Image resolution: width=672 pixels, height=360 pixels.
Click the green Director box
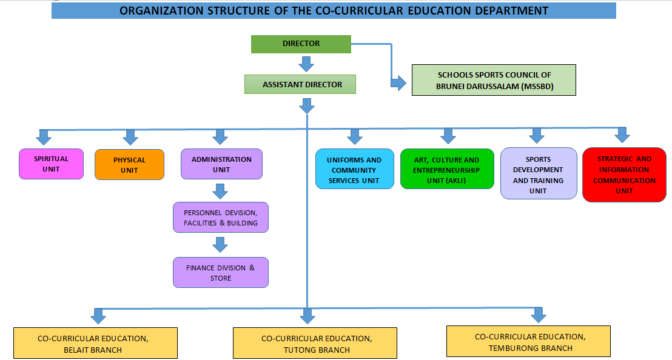coord(301,44)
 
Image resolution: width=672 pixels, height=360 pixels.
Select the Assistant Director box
coord(300,84)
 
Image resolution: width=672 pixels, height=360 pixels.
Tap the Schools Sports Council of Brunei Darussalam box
coord(494,80)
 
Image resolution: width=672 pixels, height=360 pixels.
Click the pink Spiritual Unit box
coord(51,164)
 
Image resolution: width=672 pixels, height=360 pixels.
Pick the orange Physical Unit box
coord(129,165)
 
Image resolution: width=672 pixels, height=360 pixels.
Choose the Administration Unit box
coord(221,164)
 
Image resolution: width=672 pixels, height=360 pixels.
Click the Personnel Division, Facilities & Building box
coord(220,218)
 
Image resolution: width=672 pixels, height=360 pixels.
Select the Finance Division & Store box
coord(220,273)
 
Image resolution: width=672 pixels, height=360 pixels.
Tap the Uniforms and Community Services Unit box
coord(354,170)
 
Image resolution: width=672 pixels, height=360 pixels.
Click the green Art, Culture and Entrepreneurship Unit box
coord(446,170)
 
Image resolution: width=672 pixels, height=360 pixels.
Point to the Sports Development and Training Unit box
coord(538,175)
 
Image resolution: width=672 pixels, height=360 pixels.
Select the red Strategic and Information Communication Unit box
coord(623,175)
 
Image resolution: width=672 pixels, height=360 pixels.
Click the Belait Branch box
coord(95,344)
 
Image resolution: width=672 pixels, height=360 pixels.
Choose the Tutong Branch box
coord(315,344)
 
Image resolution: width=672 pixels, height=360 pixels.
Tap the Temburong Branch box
coord(528,342)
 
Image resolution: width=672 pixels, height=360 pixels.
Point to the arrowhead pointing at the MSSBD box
coord(398,82)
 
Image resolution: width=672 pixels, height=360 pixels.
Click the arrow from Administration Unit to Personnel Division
coord(220,191)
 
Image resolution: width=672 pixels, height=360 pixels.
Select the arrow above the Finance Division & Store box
coord(220,244)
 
